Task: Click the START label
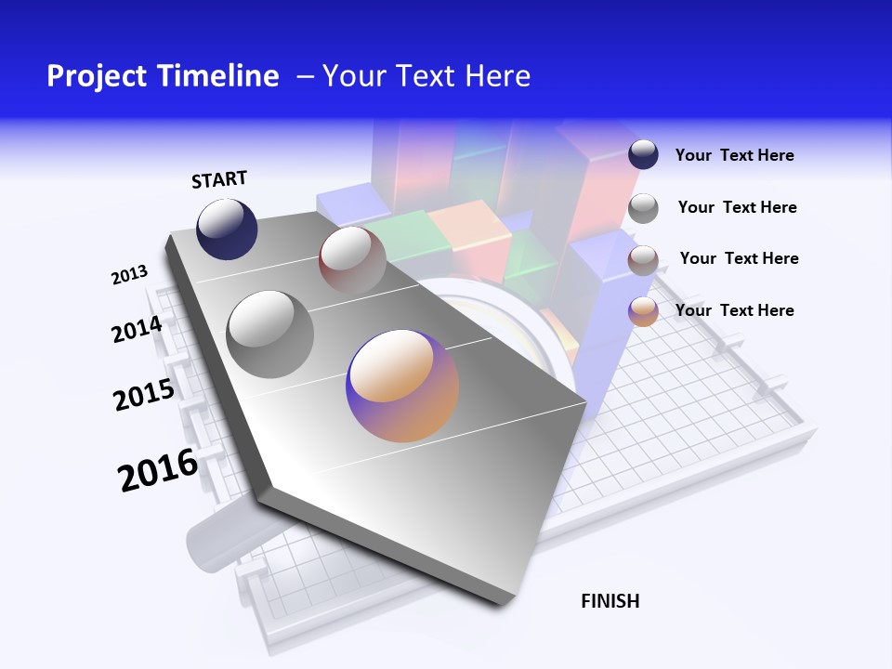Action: (x=219, y=178)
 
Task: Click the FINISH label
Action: (x=610, y=601)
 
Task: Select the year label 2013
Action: (x=129, y=275)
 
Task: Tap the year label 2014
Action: (x=137, y=329)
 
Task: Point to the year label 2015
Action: (x=143, y=395)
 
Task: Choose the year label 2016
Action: (x=158, y=470)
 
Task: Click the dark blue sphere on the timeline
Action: (x=227, y=229)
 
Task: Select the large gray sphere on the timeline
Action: (x=270, y=334)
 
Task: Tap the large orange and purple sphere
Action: (x=402, y=386)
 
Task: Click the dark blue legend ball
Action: (x=643, y=154)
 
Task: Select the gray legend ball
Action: (x=643, y=208)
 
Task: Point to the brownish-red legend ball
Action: (x=643, y=260)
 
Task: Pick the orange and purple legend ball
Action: (x=643, y=311)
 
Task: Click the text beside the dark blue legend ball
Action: (x=734, y=155)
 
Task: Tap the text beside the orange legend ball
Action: (x=734, y=310)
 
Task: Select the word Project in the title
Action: (x=96, y=76)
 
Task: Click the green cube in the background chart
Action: (x=401, y=232)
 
